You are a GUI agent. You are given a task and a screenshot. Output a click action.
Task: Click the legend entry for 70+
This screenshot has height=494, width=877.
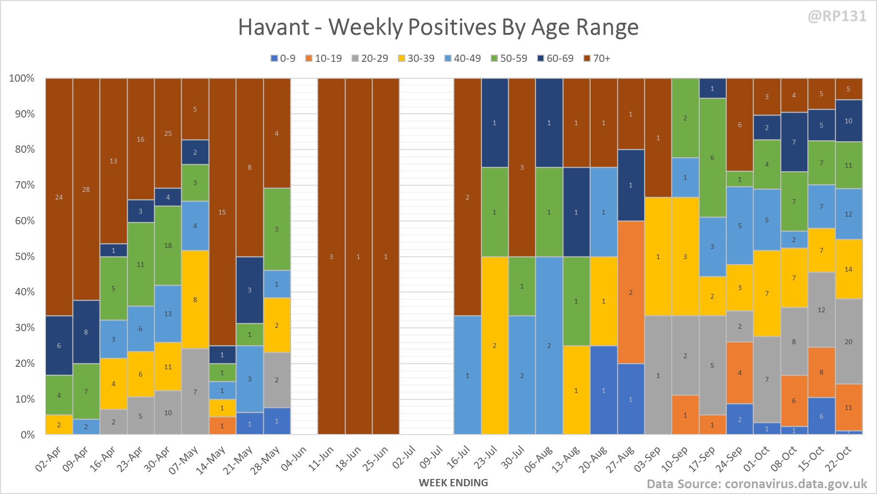point(597,58)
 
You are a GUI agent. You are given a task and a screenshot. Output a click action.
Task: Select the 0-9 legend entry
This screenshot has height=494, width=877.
point(283,58)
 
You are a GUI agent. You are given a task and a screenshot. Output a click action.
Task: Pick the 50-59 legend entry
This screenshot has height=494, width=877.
point(509,58)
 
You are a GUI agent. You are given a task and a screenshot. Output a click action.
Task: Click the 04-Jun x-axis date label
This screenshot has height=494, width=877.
point(294,458)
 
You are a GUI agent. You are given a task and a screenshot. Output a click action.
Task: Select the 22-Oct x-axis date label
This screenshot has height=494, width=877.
point(837,458)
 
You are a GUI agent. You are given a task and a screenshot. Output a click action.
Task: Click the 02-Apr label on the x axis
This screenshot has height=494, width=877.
point(48,458)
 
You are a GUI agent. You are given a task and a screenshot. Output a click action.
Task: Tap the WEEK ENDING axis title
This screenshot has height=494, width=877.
point(453,483)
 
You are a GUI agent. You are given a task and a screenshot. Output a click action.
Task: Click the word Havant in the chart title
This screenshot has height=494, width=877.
point(274,27)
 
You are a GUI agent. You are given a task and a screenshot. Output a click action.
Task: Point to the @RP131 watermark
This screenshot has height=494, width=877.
point(837,16)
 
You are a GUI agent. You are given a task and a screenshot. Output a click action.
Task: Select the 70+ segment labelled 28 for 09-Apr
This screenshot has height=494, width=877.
point(86,189)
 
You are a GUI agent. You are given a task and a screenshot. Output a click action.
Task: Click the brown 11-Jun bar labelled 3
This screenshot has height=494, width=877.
point(331,256)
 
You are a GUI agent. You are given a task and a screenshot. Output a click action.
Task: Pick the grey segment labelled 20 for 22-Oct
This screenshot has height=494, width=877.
point(849,341)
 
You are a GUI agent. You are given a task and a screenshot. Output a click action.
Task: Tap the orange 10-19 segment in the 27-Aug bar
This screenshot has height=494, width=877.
point(631,292)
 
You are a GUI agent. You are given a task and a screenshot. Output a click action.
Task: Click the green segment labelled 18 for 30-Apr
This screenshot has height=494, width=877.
point(168,246)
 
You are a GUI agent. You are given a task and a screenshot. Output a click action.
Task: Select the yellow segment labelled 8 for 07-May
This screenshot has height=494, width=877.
point(195,299)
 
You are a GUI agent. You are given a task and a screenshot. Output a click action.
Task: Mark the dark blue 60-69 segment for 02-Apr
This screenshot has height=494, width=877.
point(59,345)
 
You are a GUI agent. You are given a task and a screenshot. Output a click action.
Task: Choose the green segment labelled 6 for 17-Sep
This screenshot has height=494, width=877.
point(712,158)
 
